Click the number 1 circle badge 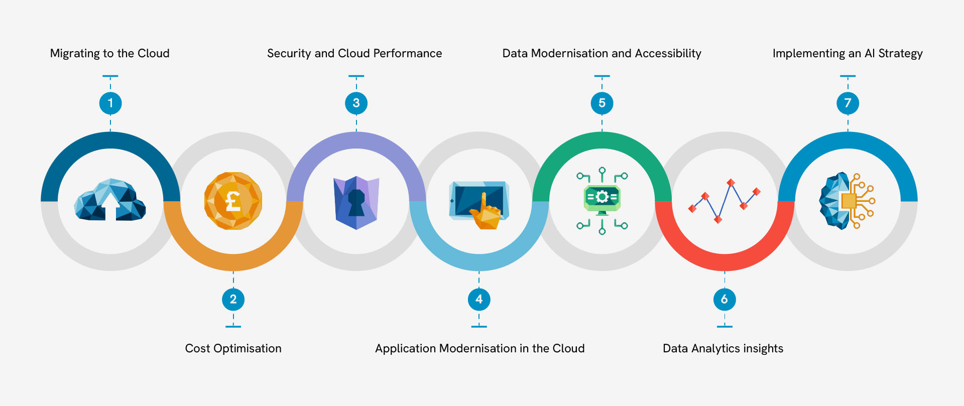110,103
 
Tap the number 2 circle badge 233,300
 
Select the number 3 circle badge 356,103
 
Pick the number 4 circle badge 479,300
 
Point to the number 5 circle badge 602,103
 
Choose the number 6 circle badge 725,300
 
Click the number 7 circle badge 848,103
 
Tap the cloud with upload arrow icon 110,200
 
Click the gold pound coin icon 233,201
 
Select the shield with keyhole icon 356,202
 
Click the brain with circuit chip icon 847,201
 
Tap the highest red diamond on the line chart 731,183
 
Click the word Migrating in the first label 75,54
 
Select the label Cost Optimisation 233,348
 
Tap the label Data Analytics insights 722,348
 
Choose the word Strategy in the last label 900,54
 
